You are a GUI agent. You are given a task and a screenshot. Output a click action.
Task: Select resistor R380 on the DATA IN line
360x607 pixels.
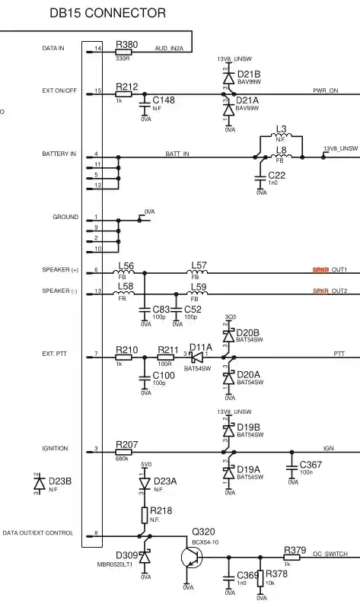coord(123,51)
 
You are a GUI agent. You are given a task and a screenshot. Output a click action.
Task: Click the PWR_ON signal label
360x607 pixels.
coord(326,90)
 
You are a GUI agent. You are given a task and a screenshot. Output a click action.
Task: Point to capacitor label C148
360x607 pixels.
coord(164,100)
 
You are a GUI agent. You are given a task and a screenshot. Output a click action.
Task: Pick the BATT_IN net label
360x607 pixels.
coord(177,154)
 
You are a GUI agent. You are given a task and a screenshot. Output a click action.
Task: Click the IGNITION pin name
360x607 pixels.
coord(55,449)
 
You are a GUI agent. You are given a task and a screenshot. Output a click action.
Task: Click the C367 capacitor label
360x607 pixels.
coord(311,464)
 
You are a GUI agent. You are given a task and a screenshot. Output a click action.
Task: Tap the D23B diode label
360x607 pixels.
coord(59,481)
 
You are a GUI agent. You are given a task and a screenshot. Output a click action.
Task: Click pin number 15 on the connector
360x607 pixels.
coord(97,91)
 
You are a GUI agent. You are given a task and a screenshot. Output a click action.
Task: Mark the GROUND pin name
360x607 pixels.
coord(65,218)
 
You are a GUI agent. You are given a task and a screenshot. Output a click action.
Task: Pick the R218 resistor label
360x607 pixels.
coord(161,510)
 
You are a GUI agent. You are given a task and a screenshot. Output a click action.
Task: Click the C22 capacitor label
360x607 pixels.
coord(277,176)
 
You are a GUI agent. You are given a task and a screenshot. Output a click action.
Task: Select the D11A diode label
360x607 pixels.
coord(201,347)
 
